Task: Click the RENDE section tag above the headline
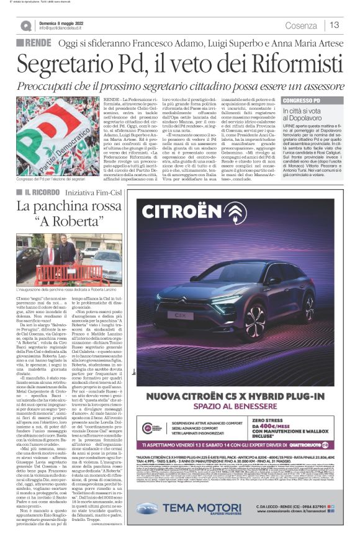point(38,43)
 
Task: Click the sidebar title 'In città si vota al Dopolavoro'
point(306,113)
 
